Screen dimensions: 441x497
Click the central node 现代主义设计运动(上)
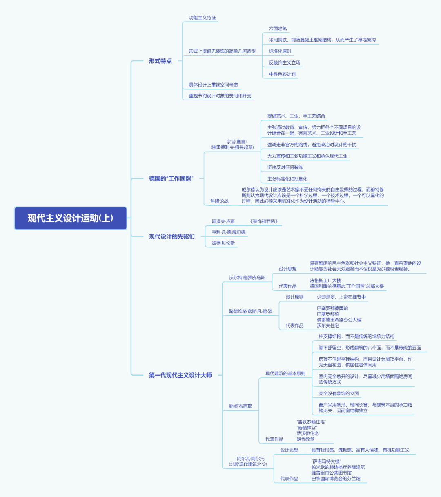pos(71,218)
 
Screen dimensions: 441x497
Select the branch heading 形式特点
pos(160,61)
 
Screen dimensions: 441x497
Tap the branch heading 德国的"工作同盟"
pos(171,178)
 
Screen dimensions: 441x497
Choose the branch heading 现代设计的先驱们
pos(171,236)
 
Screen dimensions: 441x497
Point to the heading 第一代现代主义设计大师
pos(180,375)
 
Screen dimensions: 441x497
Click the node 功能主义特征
pos(203,18)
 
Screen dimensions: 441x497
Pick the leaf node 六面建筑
pos(278,28)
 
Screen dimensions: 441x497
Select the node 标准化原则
pos(280,51)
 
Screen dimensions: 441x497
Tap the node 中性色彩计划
pos(282,74)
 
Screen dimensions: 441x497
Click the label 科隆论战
pos(220,201)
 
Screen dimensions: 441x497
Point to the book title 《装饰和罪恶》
pos(264,221)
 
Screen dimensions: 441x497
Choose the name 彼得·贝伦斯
pos(223,243)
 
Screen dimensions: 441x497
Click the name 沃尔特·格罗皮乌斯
pos(247,277)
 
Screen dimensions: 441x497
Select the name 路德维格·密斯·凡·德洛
pos(251,311)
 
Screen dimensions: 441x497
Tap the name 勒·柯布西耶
pos(241,406)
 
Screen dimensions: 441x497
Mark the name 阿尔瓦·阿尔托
pos(251,458)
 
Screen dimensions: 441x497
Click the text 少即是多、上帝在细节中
pos(341,297)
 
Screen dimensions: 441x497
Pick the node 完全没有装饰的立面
pos(339,394)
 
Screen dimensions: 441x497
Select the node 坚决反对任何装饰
pos(285,167)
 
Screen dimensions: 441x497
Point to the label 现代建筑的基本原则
pos(285,373)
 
